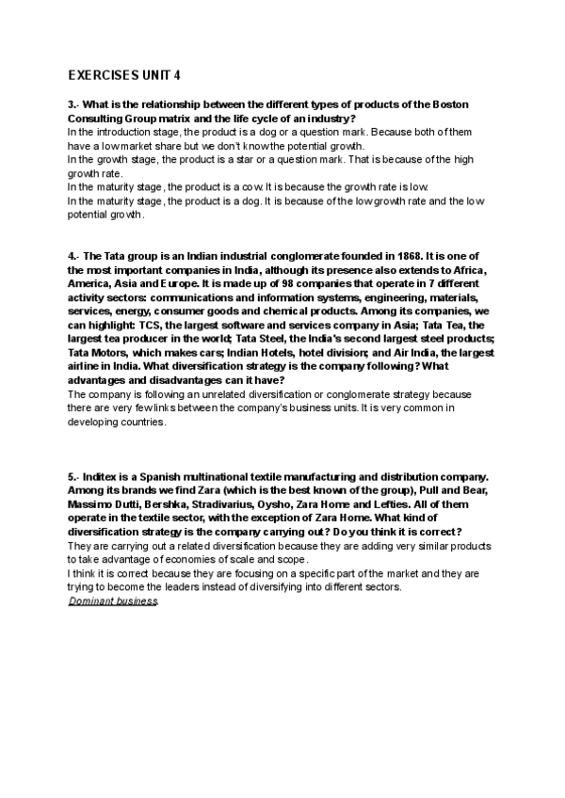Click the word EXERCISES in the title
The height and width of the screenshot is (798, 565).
pos(105,75)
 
